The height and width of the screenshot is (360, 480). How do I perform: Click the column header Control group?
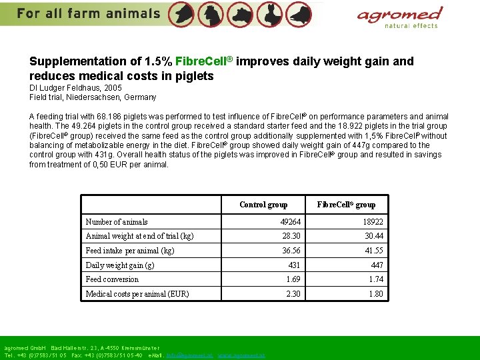click(263, 205)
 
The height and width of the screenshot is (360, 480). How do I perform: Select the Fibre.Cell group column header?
click(346, 205)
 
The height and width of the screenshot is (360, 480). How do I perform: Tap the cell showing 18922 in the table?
click(373, 222)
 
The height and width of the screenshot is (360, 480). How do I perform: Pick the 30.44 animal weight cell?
click(374, 236)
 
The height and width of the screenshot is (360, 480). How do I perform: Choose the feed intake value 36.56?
click(291, 251)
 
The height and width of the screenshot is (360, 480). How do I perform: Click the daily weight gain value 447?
click(377, 265)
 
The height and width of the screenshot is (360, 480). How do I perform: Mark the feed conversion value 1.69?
click(293, 279)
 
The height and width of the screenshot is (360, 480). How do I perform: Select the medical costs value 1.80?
click(376, 294)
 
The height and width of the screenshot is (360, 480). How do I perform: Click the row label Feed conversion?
click(112, 279)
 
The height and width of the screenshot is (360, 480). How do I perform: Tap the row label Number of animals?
click(117, 222)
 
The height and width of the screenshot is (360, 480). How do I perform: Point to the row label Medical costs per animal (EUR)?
click(137, 294)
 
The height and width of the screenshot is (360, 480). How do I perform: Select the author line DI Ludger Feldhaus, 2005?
click(76, 87)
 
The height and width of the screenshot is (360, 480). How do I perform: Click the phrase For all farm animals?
click(89, 13)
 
